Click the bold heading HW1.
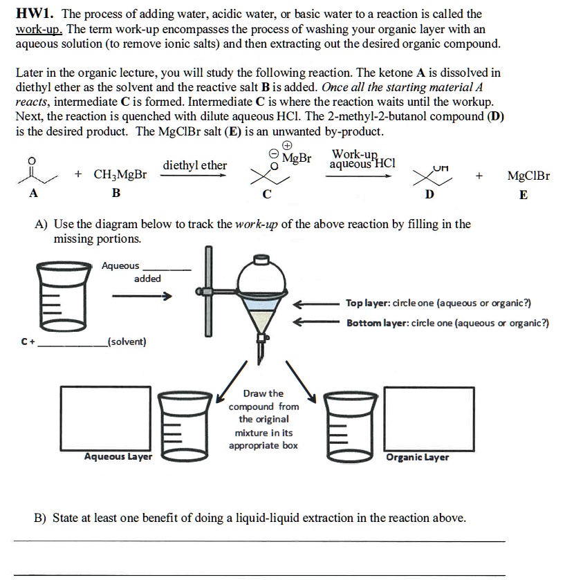pyautogui.click(x=35, y=14)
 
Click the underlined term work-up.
pyautogui.click(x=39, y=29)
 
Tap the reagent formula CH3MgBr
pyautogui.click(x=120, y=175)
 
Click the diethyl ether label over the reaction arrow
pyautogui.click(x=194, y=165)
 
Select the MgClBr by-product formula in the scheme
pyautogui.click(x=528, y=176)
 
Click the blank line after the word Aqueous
pyautogui.click(x=166, y=269)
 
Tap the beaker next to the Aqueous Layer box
pyautogui.click(x=178, y=423)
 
